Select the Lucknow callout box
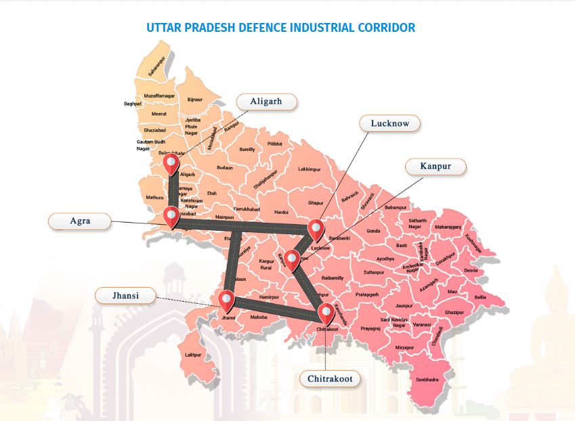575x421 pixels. tap(389, 123)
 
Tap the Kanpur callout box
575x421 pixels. tap(436, 167)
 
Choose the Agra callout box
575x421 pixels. tap(80, 221)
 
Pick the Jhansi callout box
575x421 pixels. tap(125, 295)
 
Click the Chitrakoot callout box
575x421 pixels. tap(330, 378)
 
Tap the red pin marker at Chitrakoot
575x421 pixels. tap(326, 313)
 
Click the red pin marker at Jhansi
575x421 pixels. tap(226, 300)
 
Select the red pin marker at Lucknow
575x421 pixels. tap(315, 229)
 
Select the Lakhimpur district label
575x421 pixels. tap(309, 169)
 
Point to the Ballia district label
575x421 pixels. tap(480, 297)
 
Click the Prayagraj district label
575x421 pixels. tap(370, 328)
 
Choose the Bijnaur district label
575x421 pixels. tap(195, 99)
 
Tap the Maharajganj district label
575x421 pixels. tap(448, 227)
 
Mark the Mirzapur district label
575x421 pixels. tap(404, 347)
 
